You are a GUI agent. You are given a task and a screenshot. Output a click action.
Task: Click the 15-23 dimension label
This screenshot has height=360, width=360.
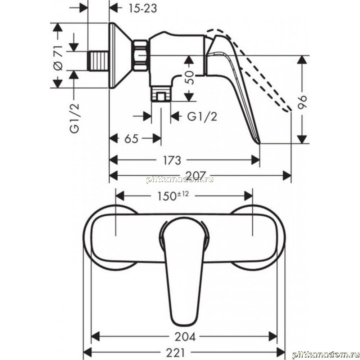coord(143,9)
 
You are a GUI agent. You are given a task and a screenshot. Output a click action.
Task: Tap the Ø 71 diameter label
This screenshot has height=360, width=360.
coord(58,58)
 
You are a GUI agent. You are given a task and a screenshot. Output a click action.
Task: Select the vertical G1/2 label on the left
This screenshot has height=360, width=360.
coord(75,118)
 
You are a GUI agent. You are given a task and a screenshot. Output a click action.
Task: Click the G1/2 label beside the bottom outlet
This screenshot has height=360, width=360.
coord(202,117)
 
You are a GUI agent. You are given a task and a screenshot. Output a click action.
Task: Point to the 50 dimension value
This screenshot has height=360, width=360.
coord(189,77)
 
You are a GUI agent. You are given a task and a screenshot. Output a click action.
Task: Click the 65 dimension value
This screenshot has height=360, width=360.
coord(131,139)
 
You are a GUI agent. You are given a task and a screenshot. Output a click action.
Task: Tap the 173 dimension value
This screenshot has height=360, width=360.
coord(172,160)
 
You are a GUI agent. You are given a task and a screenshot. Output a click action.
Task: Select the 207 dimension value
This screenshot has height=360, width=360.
coord(196,176)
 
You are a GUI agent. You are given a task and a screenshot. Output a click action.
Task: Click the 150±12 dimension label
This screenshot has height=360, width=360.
coord(173,196)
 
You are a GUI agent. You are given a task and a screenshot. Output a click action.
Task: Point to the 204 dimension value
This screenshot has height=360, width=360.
coord(185,337)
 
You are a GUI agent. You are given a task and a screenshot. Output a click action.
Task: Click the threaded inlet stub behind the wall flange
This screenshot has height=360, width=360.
coord(98,60)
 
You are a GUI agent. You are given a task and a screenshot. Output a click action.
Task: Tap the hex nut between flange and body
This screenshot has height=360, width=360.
coord(140,55)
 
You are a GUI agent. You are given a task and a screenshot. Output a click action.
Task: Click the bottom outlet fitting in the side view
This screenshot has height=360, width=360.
coord(161,94)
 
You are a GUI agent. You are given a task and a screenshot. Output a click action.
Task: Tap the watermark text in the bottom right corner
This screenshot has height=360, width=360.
coord(326,355)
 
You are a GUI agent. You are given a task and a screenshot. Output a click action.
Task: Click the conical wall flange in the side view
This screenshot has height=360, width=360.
coord(121,55)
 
